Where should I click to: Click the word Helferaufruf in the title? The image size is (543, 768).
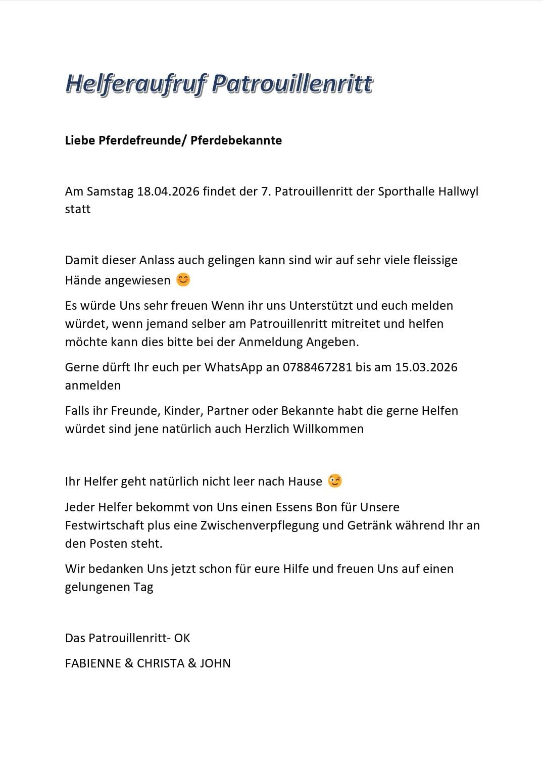click(x=135, y=84)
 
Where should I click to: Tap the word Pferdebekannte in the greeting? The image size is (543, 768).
click(x=236, y=140)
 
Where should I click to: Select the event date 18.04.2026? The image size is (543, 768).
click(x=168, y=191)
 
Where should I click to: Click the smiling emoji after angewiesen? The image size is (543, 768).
click(x=183, y=279)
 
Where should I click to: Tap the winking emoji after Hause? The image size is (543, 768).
click(x=334, y=481)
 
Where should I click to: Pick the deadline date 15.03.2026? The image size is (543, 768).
click(x=426, y=367)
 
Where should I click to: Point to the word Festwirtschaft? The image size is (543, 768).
click(x=105, y=525)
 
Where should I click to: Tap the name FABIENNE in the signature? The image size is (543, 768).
click(x=92, y=663)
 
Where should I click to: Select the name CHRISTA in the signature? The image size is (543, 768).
click(x=161, y=663)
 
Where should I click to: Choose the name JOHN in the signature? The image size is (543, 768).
click(x=215, y=663)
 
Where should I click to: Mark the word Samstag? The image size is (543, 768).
click(x=110, y=191)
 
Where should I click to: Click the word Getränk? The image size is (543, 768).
click(x=369, y=525)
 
